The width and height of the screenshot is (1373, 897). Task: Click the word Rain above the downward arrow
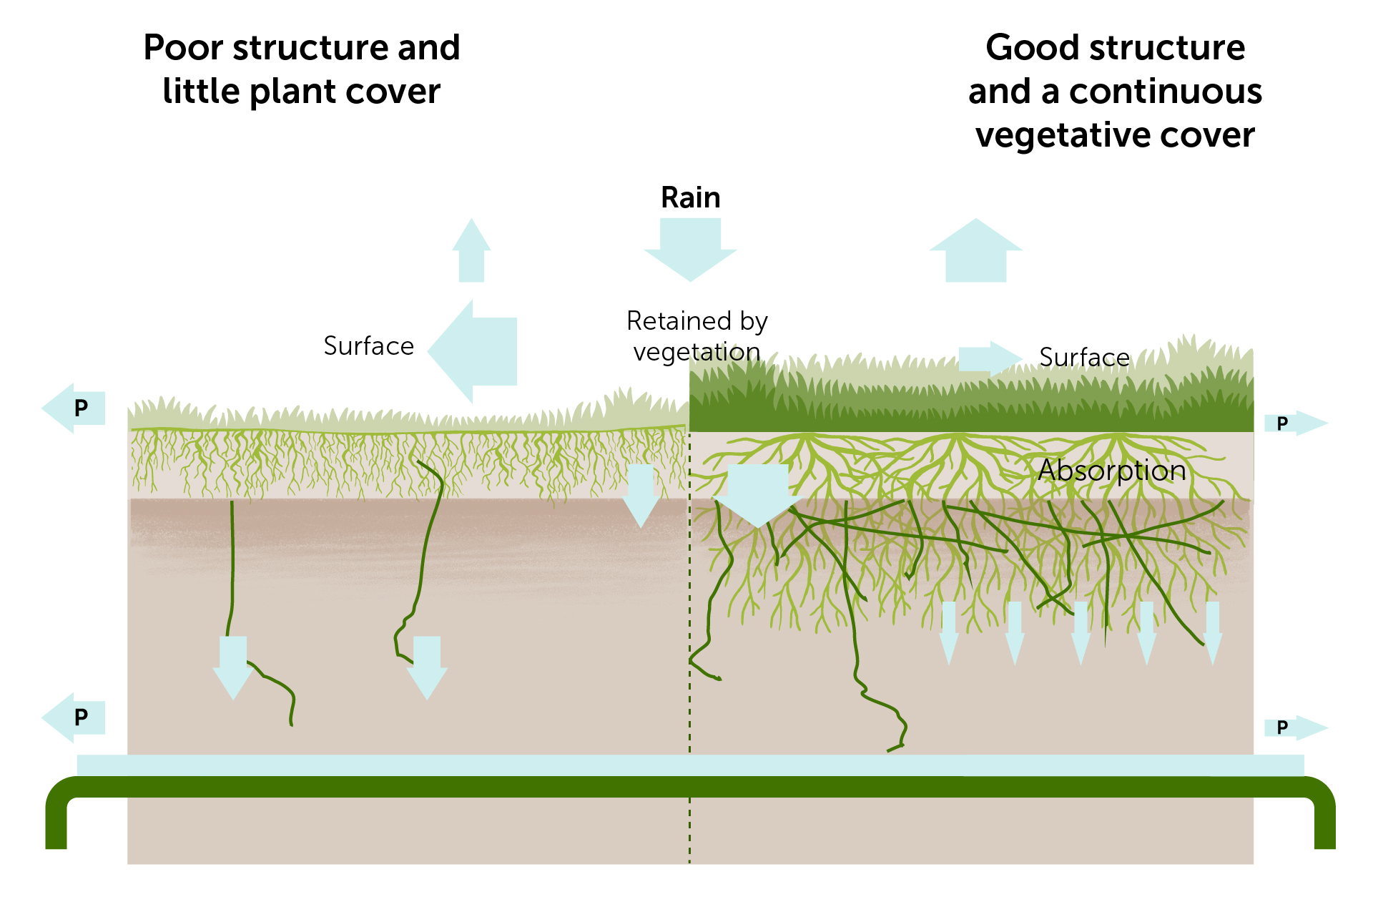click(690, 197)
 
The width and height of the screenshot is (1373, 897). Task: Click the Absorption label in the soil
click(1112, 470)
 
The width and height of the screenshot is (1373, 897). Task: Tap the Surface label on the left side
click(368, 346)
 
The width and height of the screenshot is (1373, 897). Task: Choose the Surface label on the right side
click(1084, 357)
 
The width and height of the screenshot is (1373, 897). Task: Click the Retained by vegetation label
click(697, 336)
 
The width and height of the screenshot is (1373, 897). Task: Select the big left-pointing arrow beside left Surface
click(476, 351)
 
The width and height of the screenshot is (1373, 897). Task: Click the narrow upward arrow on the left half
click(471, 252)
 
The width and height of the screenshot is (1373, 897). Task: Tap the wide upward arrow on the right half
click(975, 252)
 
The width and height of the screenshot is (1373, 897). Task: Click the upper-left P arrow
click(75, 408)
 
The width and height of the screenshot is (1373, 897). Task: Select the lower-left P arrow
click(75, 717)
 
